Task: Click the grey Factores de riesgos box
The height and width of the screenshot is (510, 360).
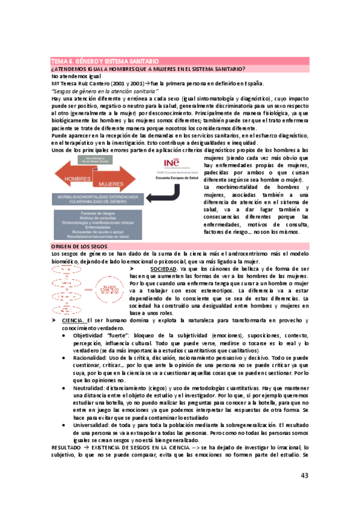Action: click(101, 225)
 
